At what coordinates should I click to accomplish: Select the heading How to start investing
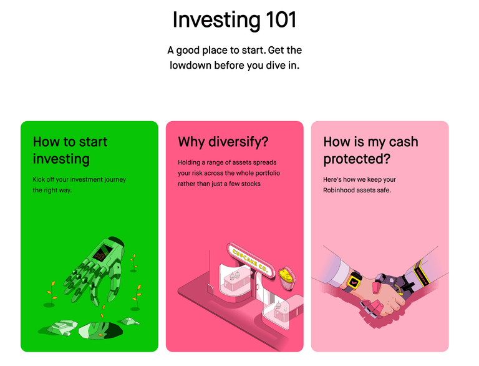[70, 151]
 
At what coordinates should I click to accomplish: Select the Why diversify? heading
[223, 142]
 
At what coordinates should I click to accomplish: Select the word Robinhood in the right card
[342, 190]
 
